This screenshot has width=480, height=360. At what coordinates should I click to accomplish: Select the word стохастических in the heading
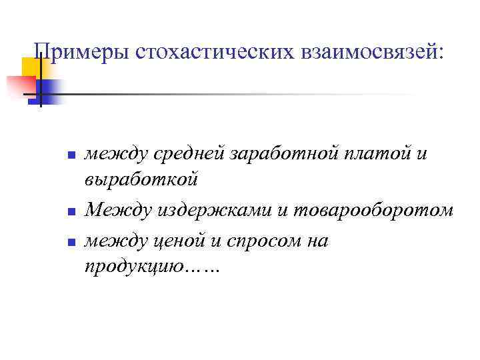point(197,51)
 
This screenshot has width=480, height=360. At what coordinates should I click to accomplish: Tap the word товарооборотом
point(372,211)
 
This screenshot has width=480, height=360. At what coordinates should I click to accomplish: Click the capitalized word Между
point(119,211)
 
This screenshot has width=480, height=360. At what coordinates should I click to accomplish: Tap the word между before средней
point(116,155)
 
